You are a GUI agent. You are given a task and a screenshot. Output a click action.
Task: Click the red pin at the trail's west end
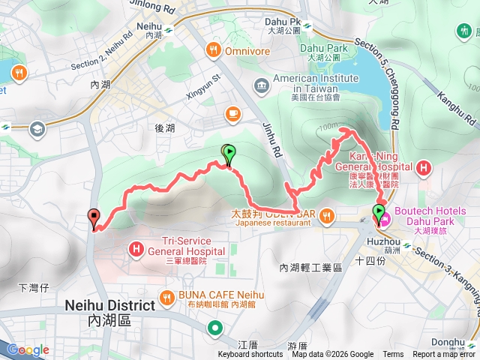point(94,218)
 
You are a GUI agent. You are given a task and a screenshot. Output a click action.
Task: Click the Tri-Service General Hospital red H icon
point(136,247)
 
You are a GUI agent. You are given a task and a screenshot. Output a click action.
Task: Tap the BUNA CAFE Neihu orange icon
point(168,295)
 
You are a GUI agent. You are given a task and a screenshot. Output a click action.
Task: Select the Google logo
point(28,349)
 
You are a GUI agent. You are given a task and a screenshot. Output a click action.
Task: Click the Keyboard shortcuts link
point(251,355)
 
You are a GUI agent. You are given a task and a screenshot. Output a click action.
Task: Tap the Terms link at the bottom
point(393,355)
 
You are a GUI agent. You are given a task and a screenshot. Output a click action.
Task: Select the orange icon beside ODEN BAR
point(326,217)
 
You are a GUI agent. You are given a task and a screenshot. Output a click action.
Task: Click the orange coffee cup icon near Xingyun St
point(232,113)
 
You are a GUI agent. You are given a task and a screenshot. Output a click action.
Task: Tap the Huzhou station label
point(381,241)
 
